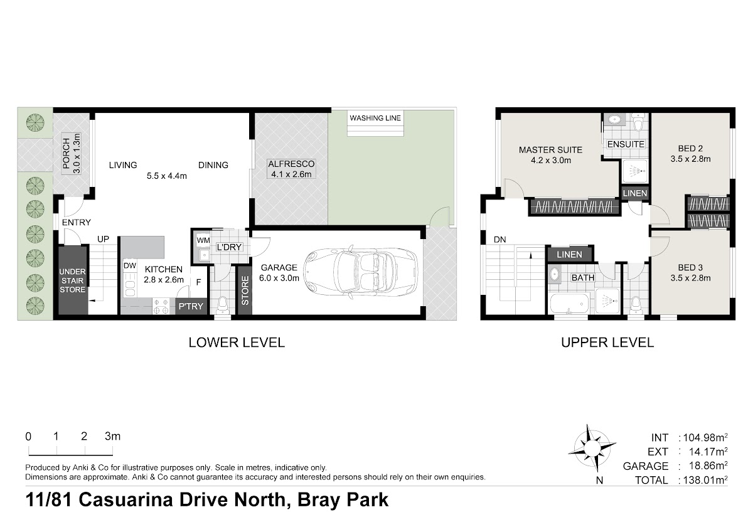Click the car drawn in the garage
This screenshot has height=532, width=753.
[x=360, y=272]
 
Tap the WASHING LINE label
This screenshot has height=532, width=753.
[x=375, y=118]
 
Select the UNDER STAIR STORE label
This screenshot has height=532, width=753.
[x=72, y=280]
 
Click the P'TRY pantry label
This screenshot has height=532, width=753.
[x=191, y=306]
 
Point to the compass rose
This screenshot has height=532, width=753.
[x=592, y=449]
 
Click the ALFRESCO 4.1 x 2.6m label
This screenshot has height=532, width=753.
[x=291, y=169]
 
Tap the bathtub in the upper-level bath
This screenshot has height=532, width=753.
[x=570, y=303]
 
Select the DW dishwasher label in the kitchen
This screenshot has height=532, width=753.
[x=130, y=266]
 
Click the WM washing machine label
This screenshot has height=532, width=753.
[x=203, y=240]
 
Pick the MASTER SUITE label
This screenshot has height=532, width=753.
[x=550, y=150]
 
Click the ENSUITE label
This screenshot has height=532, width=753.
[x=626, y=144]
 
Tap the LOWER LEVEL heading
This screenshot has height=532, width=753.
[x=237, y=343]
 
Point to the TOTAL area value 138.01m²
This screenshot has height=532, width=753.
[x=705, y=480]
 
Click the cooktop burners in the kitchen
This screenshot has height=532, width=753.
[x=161, y=307]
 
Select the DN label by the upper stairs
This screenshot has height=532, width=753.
[x=500, y=240]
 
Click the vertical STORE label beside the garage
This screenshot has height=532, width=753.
[x=245, y=290]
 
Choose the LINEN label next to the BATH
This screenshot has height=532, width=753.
[x=569, y=255]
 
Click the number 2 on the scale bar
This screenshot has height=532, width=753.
[x=84, y=436]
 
